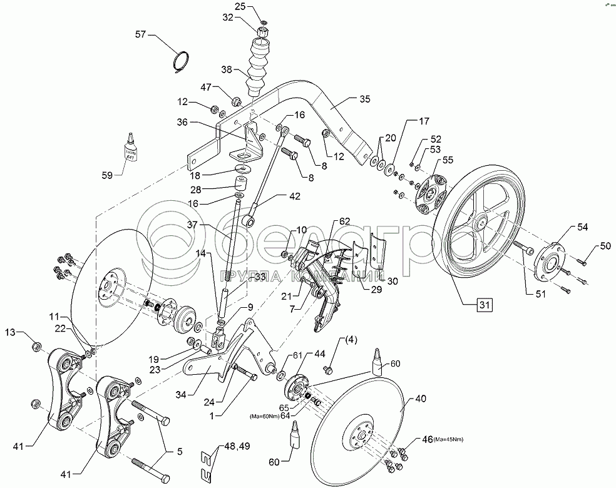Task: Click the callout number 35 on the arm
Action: coord(365,99)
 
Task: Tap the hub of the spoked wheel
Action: coord(483,221)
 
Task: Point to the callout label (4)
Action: coord(349,342)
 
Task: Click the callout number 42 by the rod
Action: coord(294,196)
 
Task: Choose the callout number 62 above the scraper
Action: coord(345,221)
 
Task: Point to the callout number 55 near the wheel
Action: coord(447,161)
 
